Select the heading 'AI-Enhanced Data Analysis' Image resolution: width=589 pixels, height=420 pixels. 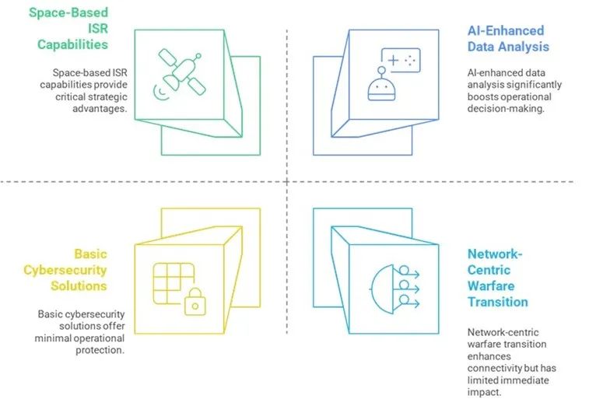[x=507, y=38]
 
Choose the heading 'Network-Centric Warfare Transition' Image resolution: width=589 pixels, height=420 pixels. [x=498, y=278]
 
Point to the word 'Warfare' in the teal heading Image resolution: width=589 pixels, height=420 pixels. [x=492, y=285]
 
